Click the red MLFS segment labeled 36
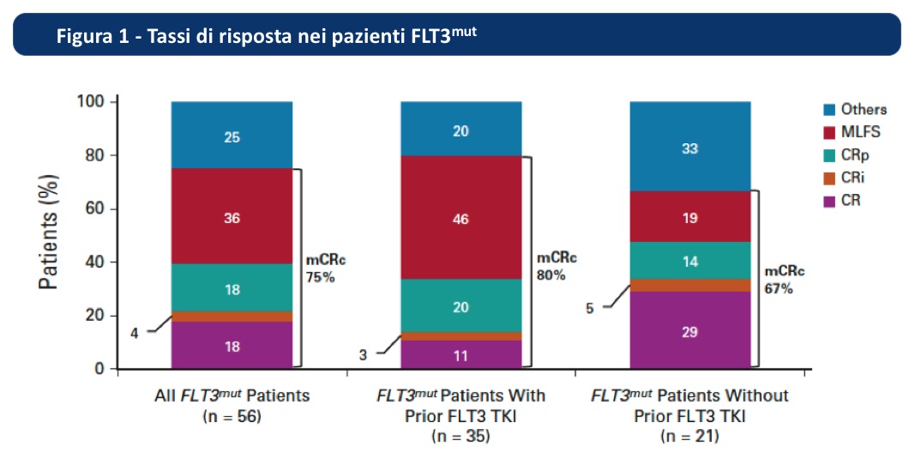232,216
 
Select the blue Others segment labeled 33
690,146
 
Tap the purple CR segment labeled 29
690,330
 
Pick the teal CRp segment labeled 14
690,260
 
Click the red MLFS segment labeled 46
461,217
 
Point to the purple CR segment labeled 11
461,354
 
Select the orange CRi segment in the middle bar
461,336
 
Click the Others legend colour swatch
828,110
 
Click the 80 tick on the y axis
92,155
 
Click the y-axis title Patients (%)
49,232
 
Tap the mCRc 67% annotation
784,280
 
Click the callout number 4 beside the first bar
135,333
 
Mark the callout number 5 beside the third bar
590,308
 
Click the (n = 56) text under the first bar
232,416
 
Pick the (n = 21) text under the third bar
690,437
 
